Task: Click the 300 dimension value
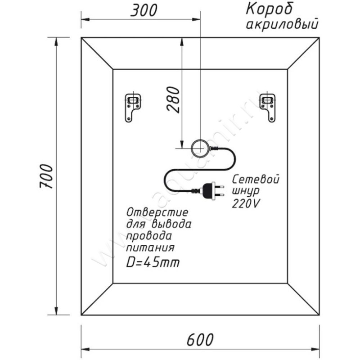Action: coord(144,10)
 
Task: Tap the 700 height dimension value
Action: coord(46,176)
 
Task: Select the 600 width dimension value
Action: coord(200,340)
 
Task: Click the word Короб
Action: coord(269,9)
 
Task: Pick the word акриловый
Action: coord(282,24)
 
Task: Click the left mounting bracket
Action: coord(133,107)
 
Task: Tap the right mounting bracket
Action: coord(267,107)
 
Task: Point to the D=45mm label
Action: coord(153,262)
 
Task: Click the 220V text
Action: coord(246,203)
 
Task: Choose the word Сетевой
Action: coord(256,179)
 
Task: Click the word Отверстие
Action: coord(157,212)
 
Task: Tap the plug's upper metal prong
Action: coord(219,186)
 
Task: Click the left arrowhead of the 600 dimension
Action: coord(85,350)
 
